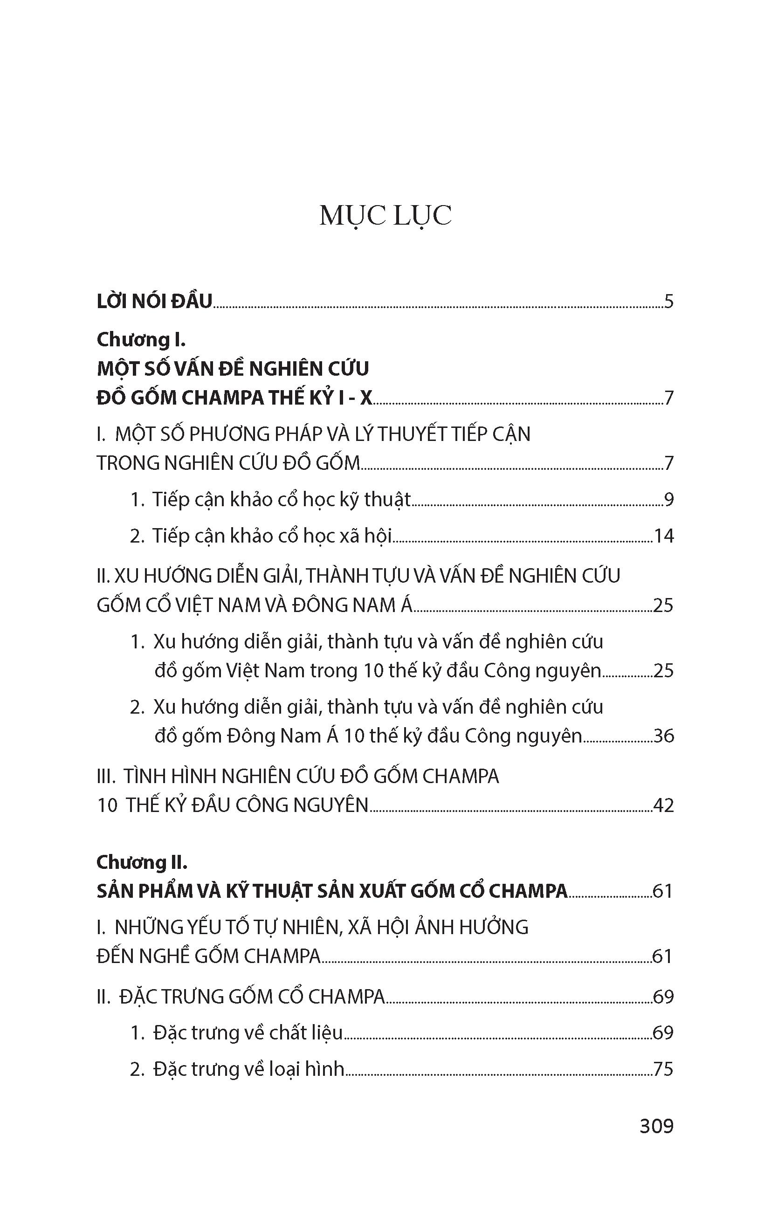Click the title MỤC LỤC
point(385,216)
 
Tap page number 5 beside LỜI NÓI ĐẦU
point(668,302)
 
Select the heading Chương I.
point(141,340)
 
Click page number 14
point(663,536)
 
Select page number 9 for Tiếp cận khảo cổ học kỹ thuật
point(668,499)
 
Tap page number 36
point(663,736)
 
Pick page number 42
point(663,805)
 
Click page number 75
point(663,1069)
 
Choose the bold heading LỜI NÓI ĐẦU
point(154,302)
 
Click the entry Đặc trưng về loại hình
point(249,1069)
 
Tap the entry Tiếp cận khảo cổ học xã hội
point(272,536)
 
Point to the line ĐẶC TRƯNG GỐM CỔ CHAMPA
point(253,997)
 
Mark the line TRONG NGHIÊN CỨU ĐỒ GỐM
point(228,463)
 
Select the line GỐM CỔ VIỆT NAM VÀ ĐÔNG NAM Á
point(255,605)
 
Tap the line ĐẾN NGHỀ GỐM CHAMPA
point(209,956)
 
